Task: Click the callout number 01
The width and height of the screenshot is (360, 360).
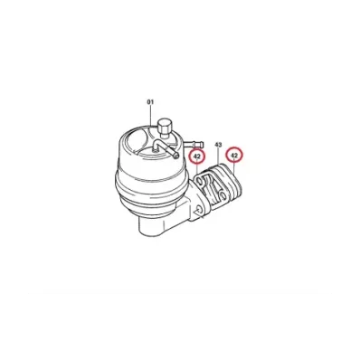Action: [x=150, y=102]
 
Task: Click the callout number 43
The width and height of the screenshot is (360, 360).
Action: [x=218, y=145]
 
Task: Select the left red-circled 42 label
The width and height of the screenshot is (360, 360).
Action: [x=197, y=156]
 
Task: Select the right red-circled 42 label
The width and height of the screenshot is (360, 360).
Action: [x=234, y=156]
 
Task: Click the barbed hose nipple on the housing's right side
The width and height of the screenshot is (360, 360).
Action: [x=194, y=144]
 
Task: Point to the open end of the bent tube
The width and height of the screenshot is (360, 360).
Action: [x=176, y=155]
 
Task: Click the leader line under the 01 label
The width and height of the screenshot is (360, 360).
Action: [x=150, y=116]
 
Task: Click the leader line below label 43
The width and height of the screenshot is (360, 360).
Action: [x=218, y=156]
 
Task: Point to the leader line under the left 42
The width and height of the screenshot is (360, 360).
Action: [x=197, y=167]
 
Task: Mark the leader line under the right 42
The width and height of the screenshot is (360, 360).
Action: [x=234, y=167]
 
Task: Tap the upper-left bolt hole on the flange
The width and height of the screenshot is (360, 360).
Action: [x=200, y=181]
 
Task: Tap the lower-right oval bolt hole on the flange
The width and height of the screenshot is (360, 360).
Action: [x=223, y=195]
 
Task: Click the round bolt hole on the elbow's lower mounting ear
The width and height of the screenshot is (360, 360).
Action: [x=198, y=210]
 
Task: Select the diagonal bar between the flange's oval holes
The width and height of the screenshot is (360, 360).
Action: [x=212, y=187]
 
